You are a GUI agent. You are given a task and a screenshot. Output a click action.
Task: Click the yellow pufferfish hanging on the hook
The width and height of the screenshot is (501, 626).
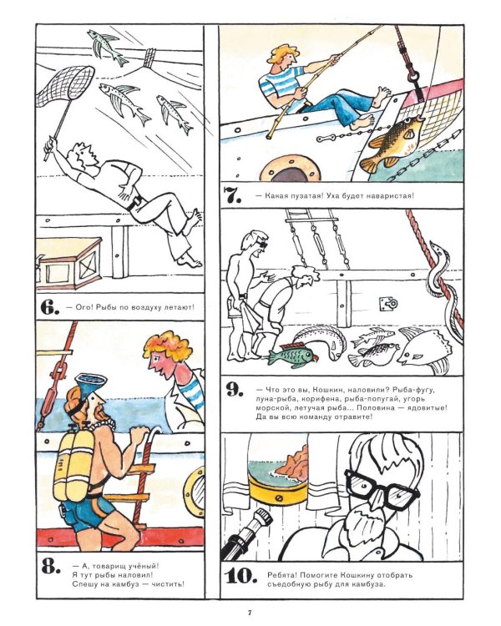[394, 143]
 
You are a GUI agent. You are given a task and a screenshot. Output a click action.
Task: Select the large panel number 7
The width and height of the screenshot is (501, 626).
[232, 194]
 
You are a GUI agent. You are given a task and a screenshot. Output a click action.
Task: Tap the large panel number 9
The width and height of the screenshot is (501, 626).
[234, 391]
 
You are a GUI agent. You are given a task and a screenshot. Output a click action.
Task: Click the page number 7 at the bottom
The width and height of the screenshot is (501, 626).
[250, 612]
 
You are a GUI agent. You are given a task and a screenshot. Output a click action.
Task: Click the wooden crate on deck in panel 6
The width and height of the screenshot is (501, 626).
[68, 263]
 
